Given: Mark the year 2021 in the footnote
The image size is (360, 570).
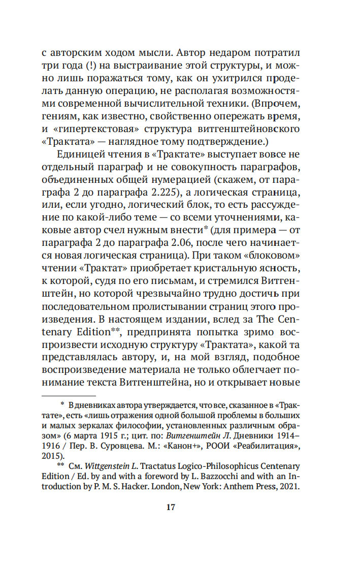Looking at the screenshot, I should [291, 486].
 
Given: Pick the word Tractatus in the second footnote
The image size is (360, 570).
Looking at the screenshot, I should [152, 466].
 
